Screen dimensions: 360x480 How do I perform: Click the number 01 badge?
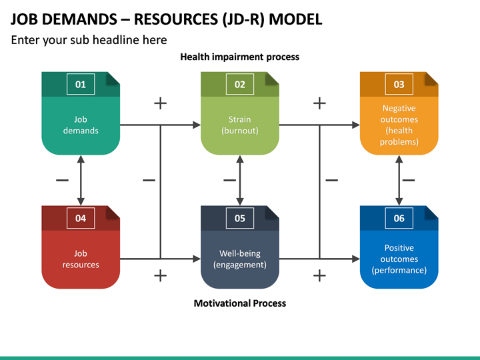click(x=81, y=84)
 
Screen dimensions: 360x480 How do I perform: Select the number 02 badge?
click(x=240, y=84)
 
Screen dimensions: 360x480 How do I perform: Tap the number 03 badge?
click(x=399, y=84)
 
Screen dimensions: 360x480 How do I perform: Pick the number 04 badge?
click(x=81, y=218)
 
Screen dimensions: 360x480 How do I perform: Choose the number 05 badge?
click(x=240, y=218)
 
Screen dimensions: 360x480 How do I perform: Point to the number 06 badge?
click(x=399, y=218)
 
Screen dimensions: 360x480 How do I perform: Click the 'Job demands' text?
click(x=81, y=125)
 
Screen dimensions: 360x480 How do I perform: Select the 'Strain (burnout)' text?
click(x=240, y=125)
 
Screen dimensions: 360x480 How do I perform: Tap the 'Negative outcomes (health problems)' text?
click(x=399, y=125)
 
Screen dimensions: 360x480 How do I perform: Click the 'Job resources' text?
click(x=81, y=259)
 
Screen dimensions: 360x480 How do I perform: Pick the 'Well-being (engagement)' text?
click(x=240, y=259)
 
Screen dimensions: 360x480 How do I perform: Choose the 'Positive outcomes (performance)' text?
click(x=399, y=259)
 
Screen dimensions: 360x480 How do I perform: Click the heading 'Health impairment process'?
click(x=240, y=57)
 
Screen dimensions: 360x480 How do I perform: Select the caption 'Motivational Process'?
click(x=240, y=303)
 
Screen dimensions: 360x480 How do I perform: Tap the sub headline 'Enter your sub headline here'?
click(x=89, y=40)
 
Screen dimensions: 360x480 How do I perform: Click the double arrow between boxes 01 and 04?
click(x=81, y=180)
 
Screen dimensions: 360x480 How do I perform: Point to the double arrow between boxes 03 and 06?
click(x=399, y=180)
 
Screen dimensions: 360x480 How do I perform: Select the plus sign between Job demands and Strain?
click(x=160, y=103)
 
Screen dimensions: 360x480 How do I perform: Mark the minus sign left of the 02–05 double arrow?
click(x=229, y=180)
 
